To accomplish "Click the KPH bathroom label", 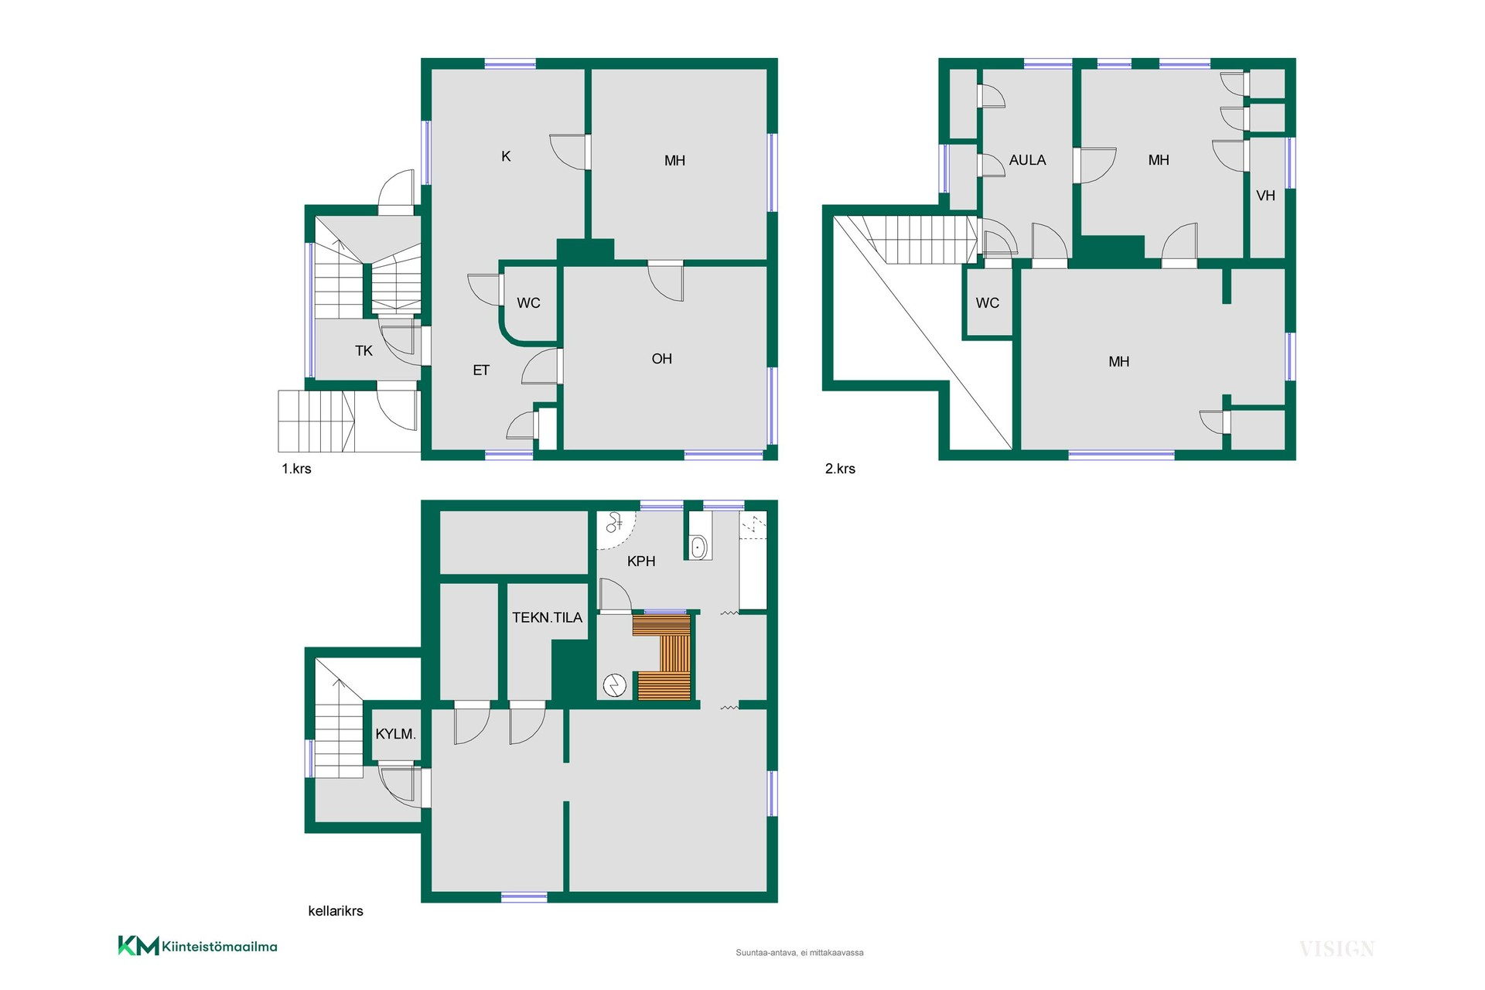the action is (641, 561).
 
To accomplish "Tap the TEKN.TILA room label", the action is (547, 617).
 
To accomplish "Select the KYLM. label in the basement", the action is (395, 734).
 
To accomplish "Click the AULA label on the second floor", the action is (1027, 160).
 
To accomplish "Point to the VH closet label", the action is (1265, 196).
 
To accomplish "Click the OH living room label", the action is (661, 359).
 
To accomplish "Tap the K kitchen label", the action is (506, 156).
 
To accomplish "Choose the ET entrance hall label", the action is (481, 370).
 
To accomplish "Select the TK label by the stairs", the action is (364, 351).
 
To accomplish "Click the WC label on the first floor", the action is (528, 303).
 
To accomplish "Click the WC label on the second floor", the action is (987, 303).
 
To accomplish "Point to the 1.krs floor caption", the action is (296, 469).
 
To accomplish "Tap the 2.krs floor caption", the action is (840, 469).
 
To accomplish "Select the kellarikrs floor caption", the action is (336, 911).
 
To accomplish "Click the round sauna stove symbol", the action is (615, 686).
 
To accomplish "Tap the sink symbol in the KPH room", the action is (698, 548).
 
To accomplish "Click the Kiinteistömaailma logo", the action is (197, 946).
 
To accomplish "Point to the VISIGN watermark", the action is (1336, 949).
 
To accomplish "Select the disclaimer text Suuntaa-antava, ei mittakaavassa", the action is (800, 953).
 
